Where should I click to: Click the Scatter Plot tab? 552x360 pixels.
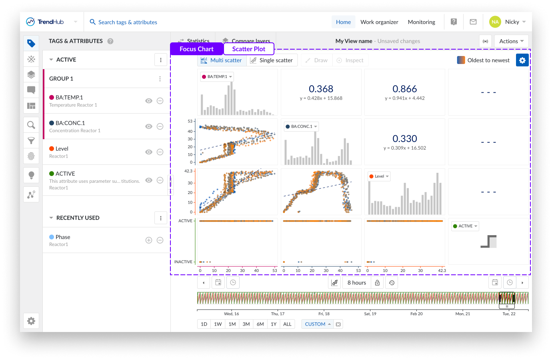pyautogui.click(x=248, y=49)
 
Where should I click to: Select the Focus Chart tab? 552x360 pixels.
pyautogui.click(x=196, y=49)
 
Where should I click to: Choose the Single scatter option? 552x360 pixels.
pyautogui.click(x=272, y=60)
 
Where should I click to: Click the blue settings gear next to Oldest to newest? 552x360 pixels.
pyautogui.click(x=522, y=60)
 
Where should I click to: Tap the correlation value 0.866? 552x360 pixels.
pyautogui.click(x=404, y=89)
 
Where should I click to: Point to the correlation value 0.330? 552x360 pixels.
pyautogui.click(x=404, y=139)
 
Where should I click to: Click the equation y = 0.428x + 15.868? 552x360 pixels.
pyautogui.click(x=321, y=98)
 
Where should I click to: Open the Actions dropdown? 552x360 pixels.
pyautogui.click(x=511, y=41)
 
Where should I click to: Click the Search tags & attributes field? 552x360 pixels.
pyautogui.click(x=128, y=22)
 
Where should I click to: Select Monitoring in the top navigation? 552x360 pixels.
pyautogui.click(x=421, y=22)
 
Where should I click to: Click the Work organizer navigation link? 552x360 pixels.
pyautogui.click(x=379, y=22)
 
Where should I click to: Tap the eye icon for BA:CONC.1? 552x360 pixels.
pyautogui.click(x=149, y=126)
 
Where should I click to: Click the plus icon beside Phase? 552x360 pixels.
pyautogui.click(x=149, y=240)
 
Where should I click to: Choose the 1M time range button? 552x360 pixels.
pyautogui.click(x=232, y=324)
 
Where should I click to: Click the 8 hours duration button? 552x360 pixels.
pyautogui.click(x=356, y=283)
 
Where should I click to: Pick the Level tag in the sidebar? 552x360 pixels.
pyautogui.click(x=62, y=149)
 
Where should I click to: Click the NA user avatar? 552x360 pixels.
pyautogui.click(x=495, y=22)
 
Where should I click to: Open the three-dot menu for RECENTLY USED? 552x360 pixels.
pyautogui.click(x=161, y=218)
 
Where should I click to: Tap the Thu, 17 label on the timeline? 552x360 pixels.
pyautogui.click(x=278, y=314)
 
